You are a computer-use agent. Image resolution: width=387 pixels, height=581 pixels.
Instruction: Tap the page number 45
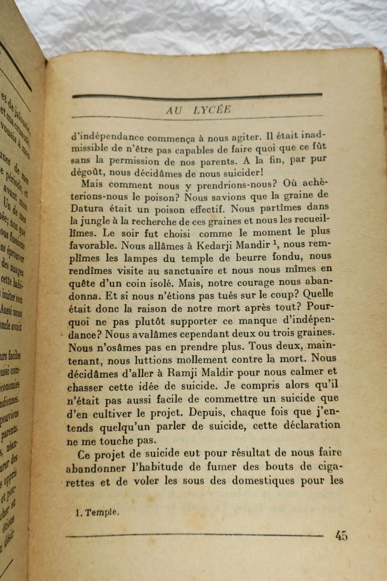tap(341, 536)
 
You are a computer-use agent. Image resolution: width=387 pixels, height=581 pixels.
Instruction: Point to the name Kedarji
tap(214, 245)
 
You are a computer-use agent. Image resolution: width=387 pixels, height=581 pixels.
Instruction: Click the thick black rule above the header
tap(197, 96)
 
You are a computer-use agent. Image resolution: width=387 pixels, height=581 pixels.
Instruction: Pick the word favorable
tap(92, 245)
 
